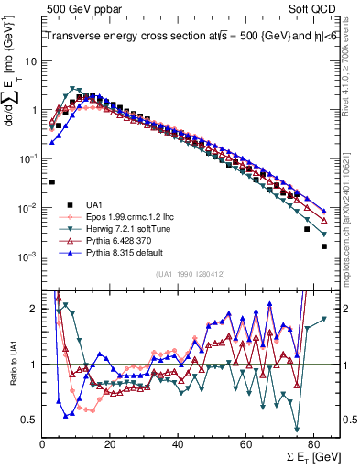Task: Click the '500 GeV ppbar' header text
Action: click(75, 8)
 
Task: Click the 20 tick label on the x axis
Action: click(110, 442)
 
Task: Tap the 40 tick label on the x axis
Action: click(178, 442)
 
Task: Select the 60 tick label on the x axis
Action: click(245, 442)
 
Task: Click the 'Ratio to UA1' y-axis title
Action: click(14, 361)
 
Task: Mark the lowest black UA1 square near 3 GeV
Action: click(52, 182)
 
